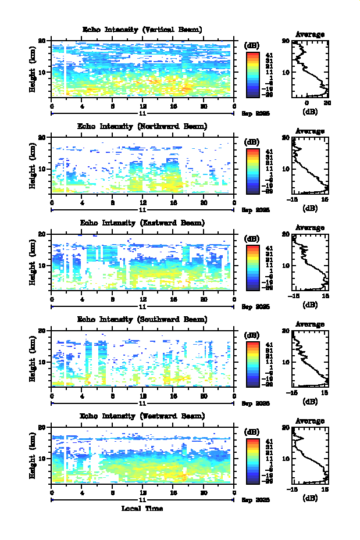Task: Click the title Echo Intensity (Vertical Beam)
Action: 142,30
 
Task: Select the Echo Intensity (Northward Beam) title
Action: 142,126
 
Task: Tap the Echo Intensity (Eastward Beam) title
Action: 142,223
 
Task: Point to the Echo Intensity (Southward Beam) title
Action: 142,319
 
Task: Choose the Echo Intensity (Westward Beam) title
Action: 142,416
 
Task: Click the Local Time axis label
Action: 142,509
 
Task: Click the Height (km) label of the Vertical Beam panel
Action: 33,69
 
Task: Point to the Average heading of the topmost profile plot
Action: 310,34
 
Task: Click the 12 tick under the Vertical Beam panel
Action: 143,106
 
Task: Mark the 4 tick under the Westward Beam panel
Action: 82,492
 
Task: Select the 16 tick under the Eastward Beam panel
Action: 173,299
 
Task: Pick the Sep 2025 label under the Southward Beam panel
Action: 256,403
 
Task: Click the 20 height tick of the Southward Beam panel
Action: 42,330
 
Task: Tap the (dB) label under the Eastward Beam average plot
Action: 310,304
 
